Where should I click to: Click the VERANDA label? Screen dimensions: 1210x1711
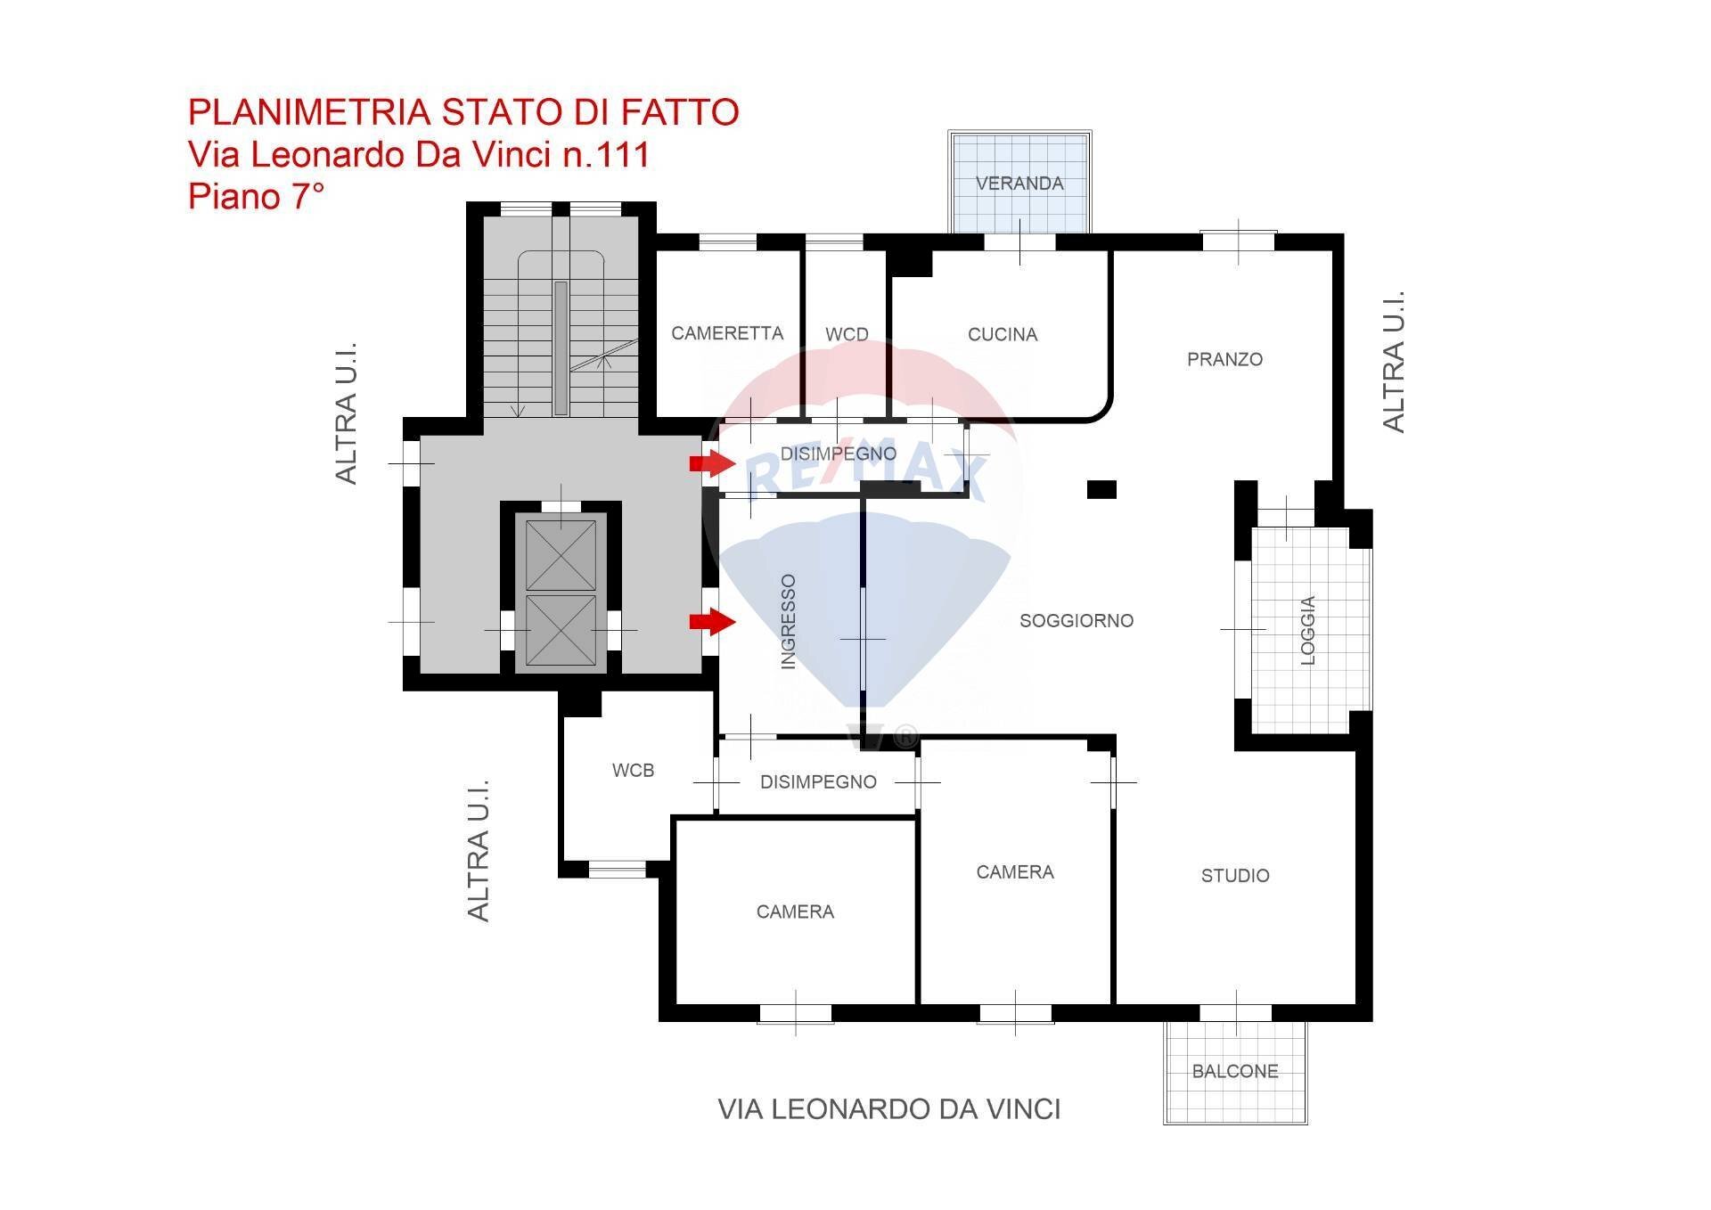pos(1019,184)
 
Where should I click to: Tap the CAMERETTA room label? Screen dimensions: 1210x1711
pos(727,333)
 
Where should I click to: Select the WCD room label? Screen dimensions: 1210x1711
pos(847,335)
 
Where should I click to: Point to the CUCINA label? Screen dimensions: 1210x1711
pos(1003,335)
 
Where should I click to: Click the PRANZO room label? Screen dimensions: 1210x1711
pos(1224,359)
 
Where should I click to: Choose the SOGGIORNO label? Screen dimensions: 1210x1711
pos(1077,620)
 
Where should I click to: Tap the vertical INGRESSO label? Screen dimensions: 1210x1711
pos(788,621)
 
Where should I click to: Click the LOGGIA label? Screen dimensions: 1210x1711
pos(1307,630)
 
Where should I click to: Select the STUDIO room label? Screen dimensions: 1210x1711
pos(1235,876)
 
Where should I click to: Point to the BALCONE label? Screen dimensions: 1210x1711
pos(1235,1071)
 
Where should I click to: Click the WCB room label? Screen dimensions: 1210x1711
pos(633,771)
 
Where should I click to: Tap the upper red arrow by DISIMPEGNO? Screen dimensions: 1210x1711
pos(711,463)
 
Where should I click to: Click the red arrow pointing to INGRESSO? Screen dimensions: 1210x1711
pos(711,622)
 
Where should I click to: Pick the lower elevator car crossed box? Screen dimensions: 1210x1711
pos(561,630)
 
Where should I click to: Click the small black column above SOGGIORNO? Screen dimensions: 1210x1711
pos(1101,489)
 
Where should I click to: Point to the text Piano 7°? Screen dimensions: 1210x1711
pos(256,196)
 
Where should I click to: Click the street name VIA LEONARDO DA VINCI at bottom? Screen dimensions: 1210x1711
pos(889,1109)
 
